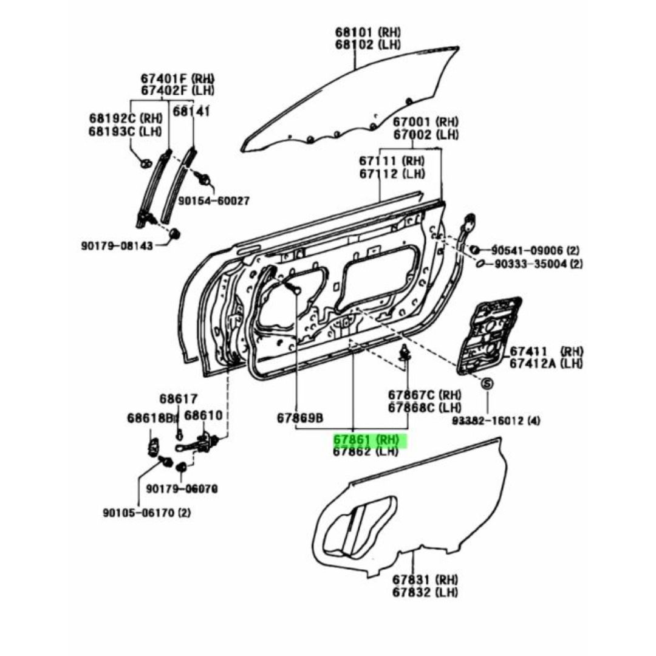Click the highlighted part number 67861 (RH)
(x=366, y=440)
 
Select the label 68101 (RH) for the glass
(x=367, y=32)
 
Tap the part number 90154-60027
(x=214, y=201)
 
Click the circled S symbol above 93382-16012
(x=487, y=383)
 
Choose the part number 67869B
(x=300, y=418)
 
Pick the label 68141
(x=191, y=111)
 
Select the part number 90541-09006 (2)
(x=535, y=251)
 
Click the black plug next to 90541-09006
(x=474, y=250)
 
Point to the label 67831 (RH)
(x=425, y=580)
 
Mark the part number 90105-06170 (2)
(x=147, y=513)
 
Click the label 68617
(x=178, y=398)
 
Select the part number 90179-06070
(x=182, y=488)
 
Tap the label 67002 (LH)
(x=425, y=135)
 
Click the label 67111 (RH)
(x=392, y=160)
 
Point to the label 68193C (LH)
(x=125, y=131)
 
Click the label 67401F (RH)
(x=177, y=78)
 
